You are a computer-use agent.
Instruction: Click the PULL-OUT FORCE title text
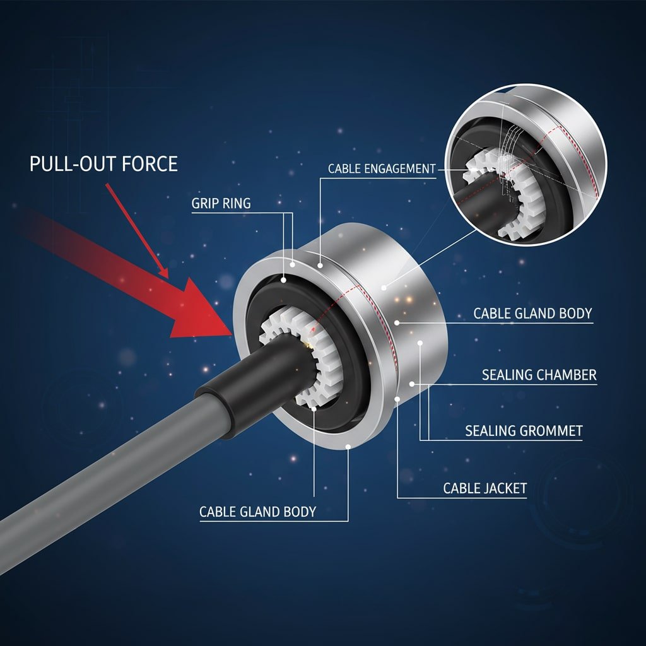coord(103,163)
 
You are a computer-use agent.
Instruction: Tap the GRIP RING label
coord(221,203)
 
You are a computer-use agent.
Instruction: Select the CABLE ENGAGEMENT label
coord(382,169)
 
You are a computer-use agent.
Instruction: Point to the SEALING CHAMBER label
coord(539,375)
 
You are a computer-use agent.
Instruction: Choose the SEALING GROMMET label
coord(524,431)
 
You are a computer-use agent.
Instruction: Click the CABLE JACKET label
coord(485,488)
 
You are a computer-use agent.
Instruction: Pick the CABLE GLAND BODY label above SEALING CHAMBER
coord(532,314)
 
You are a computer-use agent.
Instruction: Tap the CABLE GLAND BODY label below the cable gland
coord(257,512)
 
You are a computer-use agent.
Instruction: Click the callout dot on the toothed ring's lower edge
coord(314,408)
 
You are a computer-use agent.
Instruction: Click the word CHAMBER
coord(567,375)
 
